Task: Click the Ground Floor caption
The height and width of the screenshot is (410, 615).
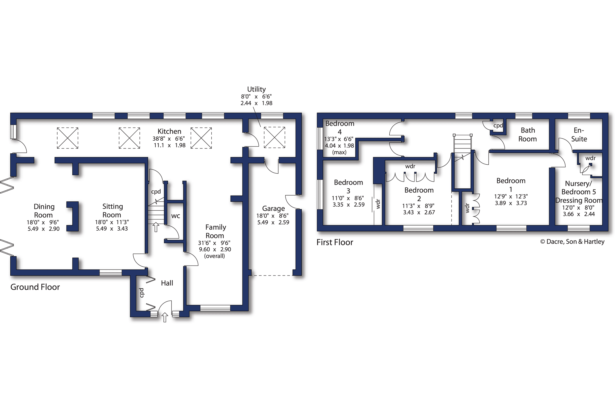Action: (x=35, y=287)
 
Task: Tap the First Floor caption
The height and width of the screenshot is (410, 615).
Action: (x=335, y=242)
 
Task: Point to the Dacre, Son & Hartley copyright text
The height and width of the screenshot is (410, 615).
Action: (x=572, y=242)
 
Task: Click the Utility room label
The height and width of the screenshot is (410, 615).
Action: (x=256, y=89)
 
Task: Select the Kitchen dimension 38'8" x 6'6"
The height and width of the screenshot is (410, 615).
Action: (x=169, y=139)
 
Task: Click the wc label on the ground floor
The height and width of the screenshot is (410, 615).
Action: (x=176, y=216)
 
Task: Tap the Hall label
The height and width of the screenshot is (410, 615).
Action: (x=167, y=283)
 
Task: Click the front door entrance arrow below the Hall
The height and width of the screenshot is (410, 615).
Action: (x=165, y=317)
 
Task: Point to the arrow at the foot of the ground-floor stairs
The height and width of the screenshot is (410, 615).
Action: (x=156, y=227)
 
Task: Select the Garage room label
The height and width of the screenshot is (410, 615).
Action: (x=273, y=209)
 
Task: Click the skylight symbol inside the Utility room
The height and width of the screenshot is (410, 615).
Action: (x=274, y=137)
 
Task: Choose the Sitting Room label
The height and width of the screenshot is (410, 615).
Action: (x=112, y=211)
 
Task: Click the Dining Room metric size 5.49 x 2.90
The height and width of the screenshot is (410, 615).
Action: (x=44, y=229)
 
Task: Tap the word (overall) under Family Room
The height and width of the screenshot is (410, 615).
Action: (x=214, y=256)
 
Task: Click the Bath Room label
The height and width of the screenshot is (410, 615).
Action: (x=528, y=135)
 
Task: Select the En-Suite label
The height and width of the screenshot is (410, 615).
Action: (x=579, y=135)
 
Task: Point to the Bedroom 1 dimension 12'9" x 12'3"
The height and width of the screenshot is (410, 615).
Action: (x=511, y=196)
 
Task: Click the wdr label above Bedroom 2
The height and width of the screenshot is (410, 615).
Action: (x=410, y=166)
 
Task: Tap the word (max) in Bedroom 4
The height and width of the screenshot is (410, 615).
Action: (x=339, y=152)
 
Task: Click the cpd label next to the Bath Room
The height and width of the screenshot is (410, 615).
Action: (x=498, y=126)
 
